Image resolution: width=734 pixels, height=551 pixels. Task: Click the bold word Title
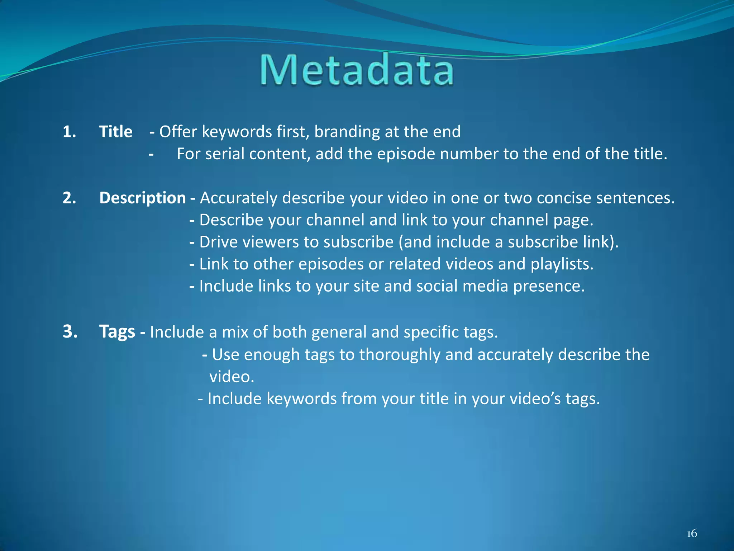pyautogui.click(x=115, y=132)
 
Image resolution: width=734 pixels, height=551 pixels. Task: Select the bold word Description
pyautogui.click(x=142, y=198)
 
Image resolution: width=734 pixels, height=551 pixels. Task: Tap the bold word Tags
pyautogui.click(x=117, y=331)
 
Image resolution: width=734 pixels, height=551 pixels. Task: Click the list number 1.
pyautogui.click(x=69, y=132)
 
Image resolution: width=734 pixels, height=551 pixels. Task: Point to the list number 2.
pyautogui.click(x=69, y=198)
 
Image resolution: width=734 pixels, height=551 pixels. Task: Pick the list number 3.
pyautogui.click(x=70, y=331)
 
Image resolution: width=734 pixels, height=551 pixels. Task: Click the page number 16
pyautogui.click(x=692, y=533)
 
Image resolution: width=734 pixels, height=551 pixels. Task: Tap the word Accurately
pyautogui.click(x=238, y=198)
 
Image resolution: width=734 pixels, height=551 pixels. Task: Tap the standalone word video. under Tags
pyautogui.click(x=232, y=377)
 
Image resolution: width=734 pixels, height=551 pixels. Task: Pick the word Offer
pyautogui.click(x=178, y=132)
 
